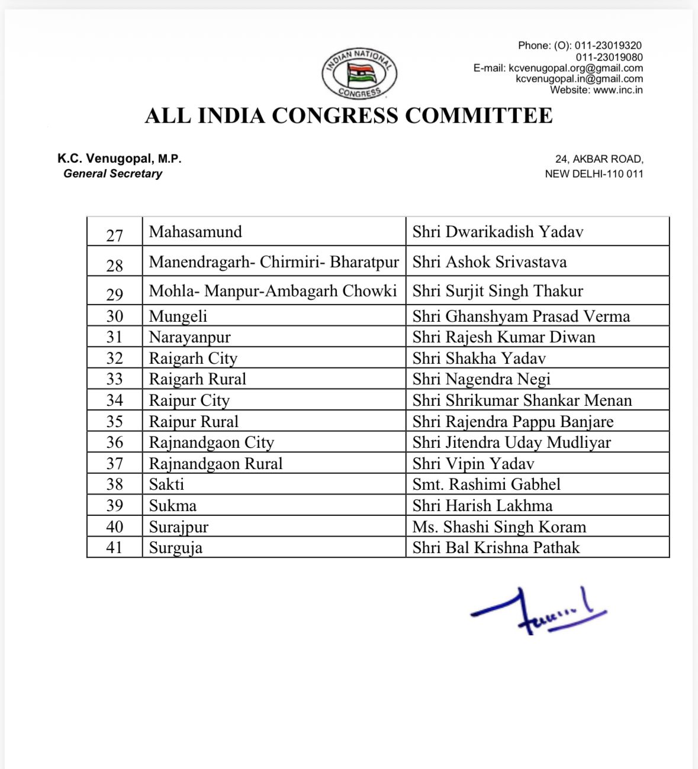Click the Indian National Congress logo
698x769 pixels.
click(359, 74)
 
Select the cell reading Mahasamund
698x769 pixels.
click(195, 232)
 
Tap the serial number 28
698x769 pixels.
click(114, 266)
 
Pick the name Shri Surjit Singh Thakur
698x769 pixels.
click(497, 291)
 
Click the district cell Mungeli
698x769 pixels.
click(178, 316)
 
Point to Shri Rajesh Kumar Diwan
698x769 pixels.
click(504, 337)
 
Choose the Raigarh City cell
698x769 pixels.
click(193, 358)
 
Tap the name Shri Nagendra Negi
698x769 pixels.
click(481, 379)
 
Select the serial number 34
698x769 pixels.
click(114, 400)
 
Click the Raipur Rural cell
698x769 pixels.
click(194, 422)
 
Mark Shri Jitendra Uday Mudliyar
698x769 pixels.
click(512, 442)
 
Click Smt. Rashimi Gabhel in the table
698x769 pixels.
click(486, 484)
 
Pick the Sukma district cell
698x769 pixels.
click(172, 506)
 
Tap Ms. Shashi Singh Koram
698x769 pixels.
click(499, 527)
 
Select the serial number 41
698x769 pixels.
click(114, 548)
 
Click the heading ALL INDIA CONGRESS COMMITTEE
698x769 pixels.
click(349, 115)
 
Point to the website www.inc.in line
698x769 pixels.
click(596, 90)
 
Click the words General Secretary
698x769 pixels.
click(112, 174)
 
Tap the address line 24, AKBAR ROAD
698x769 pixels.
click(599, 159)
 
